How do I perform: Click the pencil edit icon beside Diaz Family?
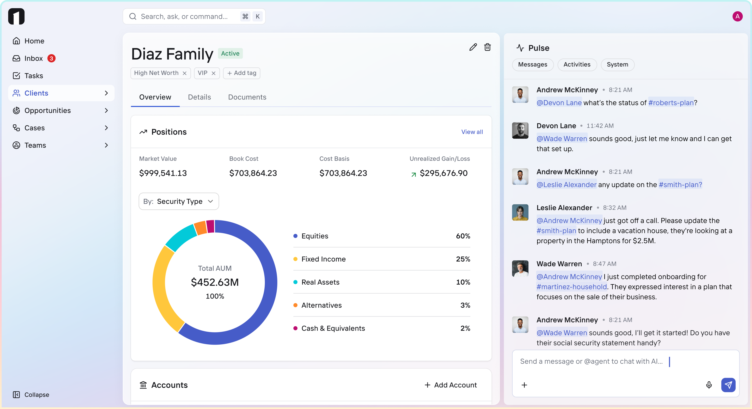[x=473, y=47]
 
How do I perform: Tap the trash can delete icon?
[x=487, y=47]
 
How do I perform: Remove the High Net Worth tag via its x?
[x=185, y=73]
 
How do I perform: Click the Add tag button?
[x=242, y=73]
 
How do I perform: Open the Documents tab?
[x=247, y=97]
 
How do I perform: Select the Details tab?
[x=199, y=97]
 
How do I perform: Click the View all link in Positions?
[x=472, y=132]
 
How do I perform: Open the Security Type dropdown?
[x=179, y=201]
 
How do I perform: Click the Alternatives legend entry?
[x=321, y=305]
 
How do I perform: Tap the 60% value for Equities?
[x=463, y=236]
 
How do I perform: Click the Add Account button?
[x=450, y=385]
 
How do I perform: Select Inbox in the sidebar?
[x=34, y=58]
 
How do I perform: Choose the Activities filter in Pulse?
[x=577, y=64]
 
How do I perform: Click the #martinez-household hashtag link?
[x=571, y=287]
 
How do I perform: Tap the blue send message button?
[x=728, y=385]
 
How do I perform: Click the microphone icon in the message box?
[x=708, y=385]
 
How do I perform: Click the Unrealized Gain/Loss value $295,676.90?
[x=443, y=173]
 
